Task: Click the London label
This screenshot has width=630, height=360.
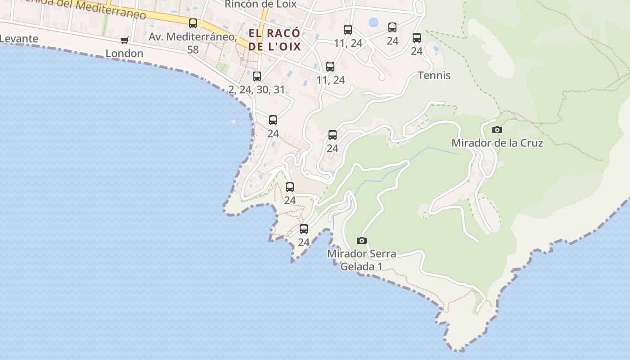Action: tap(124, 54)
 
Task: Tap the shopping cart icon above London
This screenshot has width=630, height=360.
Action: tap(125, 40)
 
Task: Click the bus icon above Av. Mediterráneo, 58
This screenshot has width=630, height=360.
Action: tap(193, 23)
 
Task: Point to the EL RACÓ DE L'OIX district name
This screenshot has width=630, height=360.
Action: tap(274, 40)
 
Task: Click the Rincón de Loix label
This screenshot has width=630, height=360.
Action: tap(261, 4)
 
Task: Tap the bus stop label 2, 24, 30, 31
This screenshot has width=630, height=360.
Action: tap(256, 90)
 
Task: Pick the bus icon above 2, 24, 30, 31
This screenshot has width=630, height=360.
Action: tap(257, 76)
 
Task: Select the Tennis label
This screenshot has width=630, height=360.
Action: tap(434, 75)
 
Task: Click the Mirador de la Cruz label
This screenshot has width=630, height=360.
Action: tap(497, 143)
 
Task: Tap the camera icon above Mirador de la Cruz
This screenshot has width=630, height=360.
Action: tap(497, 130)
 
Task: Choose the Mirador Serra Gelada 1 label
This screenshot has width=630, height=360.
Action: tap(361, 260)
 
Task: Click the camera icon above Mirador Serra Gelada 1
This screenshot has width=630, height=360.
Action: tap(361, 240)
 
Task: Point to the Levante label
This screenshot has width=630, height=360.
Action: tap(19, 39)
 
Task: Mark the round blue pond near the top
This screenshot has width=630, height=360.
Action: tap(373, 22)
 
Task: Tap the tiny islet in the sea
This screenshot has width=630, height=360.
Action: tap(234, 121)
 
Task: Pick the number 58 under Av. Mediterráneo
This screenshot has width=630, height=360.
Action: tap(193, 49)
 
